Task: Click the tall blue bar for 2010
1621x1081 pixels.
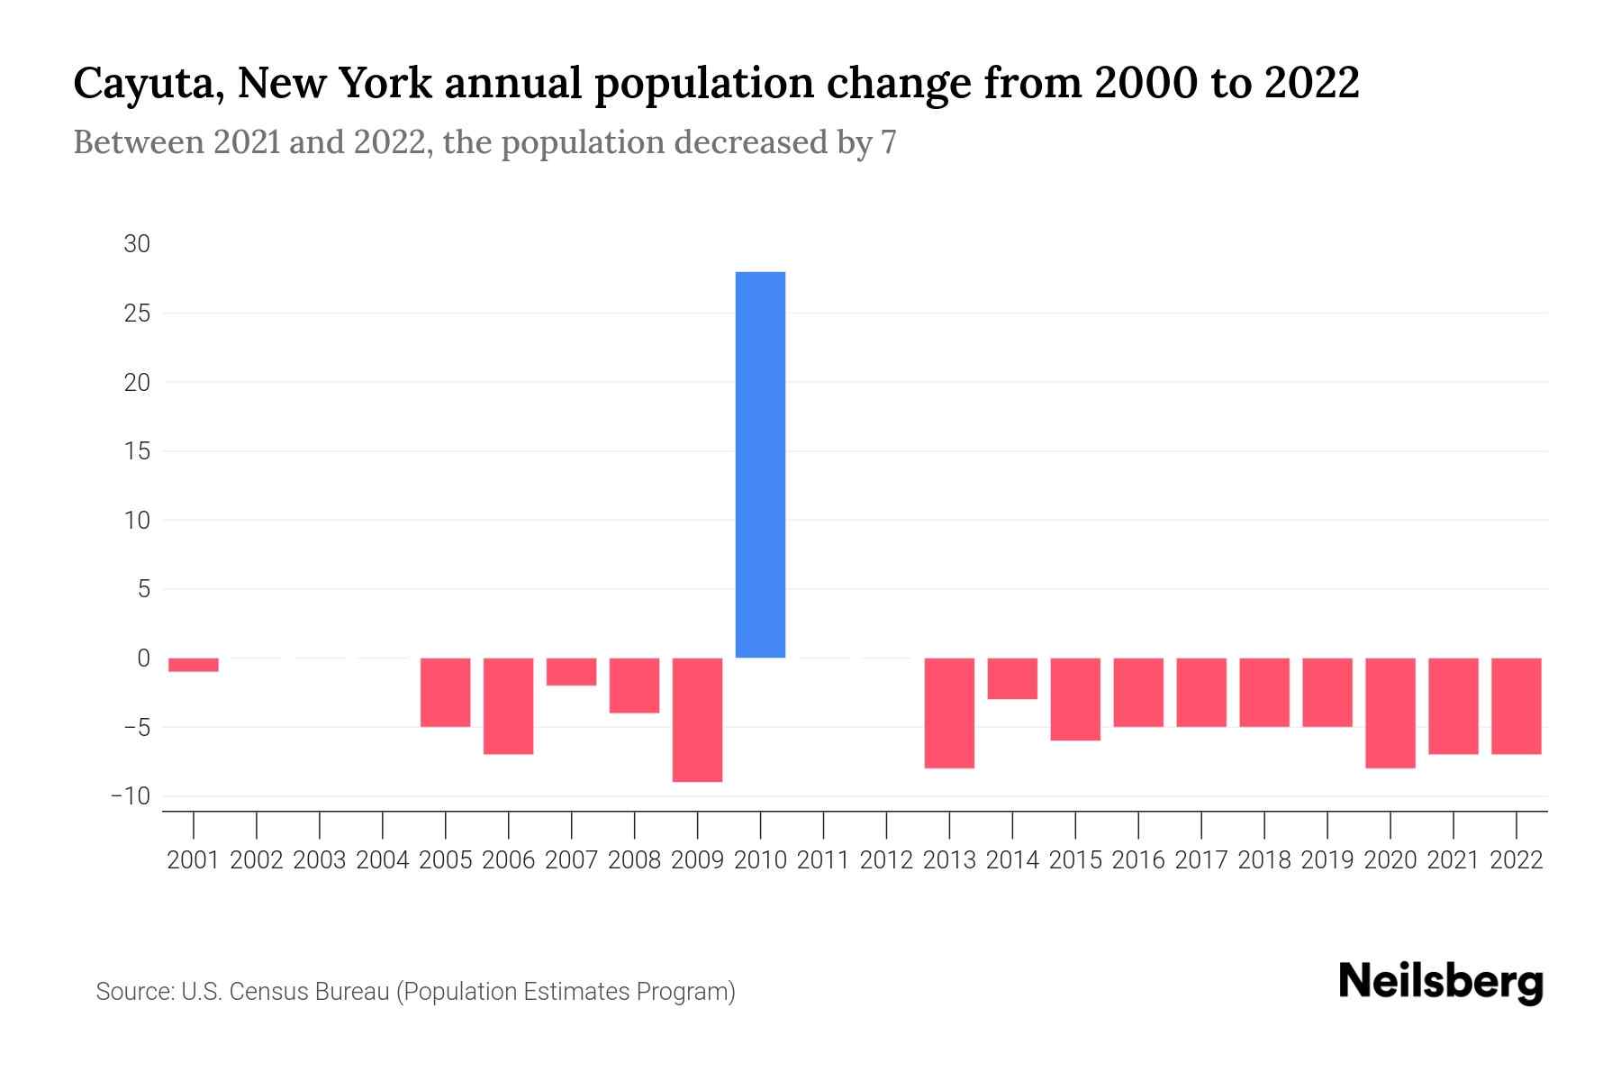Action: (x=760, y=464)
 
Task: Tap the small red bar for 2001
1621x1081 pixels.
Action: (x=193, y=665)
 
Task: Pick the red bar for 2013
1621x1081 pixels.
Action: (x=949, y=713)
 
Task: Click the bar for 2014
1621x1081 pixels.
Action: (x=1012, y=678)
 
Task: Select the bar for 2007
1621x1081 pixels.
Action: (x=571, y=671)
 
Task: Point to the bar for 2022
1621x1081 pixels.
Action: (x=1517, y=705)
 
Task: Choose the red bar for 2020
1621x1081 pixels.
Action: (x=1390, y=713)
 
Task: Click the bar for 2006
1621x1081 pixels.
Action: (x=508, y=705)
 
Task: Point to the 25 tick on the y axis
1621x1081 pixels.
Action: (x=137, y=313)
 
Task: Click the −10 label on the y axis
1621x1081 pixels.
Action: (x=131, y=796)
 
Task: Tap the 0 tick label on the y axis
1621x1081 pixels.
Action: (x=143, y=659)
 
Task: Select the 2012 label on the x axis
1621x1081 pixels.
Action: (x=886, y=860)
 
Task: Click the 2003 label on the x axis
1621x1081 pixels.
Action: (x=320, y=860)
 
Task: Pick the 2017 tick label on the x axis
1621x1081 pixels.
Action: (x=1201, y=860)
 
